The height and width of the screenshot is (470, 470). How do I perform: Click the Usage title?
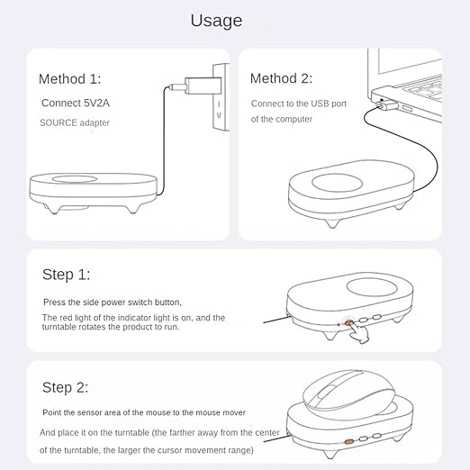(216, 21)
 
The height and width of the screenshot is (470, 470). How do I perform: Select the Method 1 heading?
(69, 79)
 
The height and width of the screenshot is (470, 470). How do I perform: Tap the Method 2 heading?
(281, 78)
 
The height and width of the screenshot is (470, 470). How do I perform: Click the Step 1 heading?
(66, 275)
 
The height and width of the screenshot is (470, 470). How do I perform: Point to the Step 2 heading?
(65, 387)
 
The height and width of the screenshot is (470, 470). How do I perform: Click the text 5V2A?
(96, 103)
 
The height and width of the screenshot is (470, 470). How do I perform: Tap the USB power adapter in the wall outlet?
(203, 86)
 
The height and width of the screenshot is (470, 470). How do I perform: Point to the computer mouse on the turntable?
(348, 391)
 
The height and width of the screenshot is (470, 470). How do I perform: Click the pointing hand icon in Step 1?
(359, 332)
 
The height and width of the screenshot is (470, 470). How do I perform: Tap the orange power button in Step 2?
(348, 441)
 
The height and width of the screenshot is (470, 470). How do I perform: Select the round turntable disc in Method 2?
(337, 183)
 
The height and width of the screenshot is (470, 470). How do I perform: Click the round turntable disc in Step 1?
(372, 287)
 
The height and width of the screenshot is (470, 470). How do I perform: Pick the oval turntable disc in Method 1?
(75, 179)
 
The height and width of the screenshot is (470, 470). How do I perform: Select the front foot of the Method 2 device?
(333, 223)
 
